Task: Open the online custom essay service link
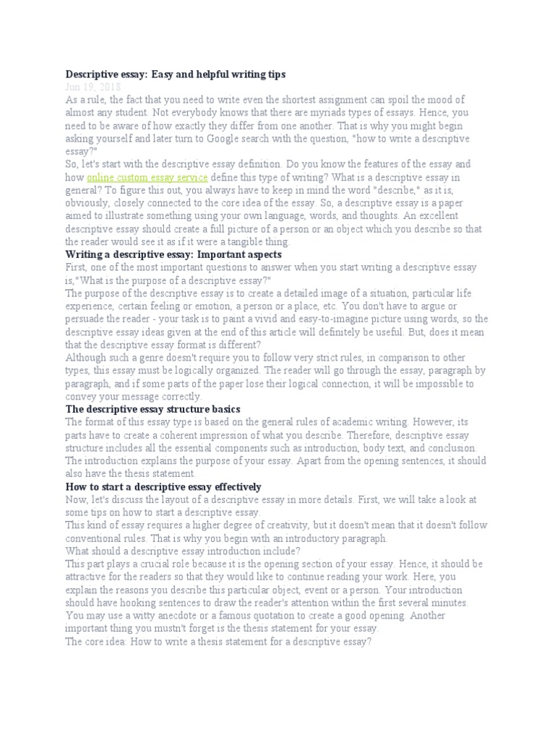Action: (x=147, y=177)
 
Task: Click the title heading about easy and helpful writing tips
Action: (x=176, y=74)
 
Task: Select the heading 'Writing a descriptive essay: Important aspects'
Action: (x=173, y=254)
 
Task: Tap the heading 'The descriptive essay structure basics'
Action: (x=152, y=409)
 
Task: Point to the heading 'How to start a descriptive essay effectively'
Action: (x=163, y=486)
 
